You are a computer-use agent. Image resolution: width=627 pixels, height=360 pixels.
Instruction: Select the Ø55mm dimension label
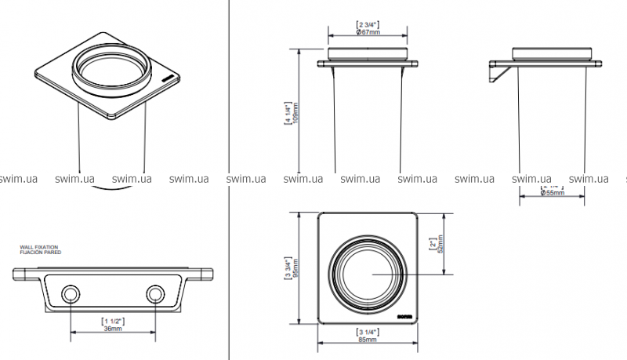(x=554, y=193)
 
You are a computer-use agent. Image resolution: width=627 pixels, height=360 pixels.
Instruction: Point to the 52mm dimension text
(x=441, y=245)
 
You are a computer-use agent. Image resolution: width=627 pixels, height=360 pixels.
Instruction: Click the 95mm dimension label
(x=294, y=269)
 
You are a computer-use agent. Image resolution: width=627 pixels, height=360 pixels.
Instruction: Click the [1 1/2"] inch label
(x=113, y=321)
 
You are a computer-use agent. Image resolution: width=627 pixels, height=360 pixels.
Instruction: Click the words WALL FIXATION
(x=40, y=247)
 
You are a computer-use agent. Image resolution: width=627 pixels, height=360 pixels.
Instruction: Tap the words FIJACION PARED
(x=39, y=252)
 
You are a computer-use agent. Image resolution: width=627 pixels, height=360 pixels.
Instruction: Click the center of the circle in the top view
(x=368, y=272)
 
